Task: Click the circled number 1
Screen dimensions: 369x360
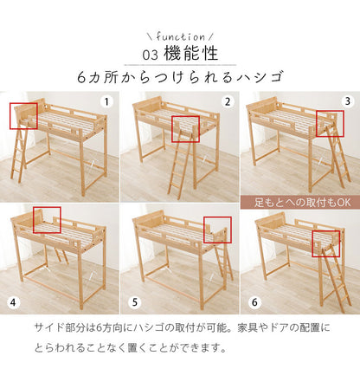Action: (x=106, y=101)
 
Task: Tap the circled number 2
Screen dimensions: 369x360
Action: (x=228, y=101)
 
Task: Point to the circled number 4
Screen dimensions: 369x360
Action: (x=12, y=304)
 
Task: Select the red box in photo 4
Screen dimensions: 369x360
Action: (x=46, y=221)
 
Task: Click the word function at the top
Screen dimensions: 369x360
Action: (x=180, y=36)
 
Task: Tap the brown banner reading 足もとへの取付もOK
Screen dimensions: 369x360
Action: (x=298, y=202)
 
